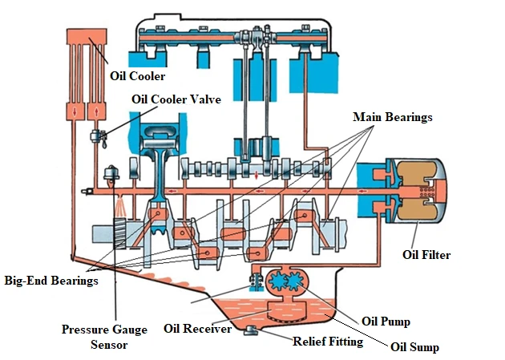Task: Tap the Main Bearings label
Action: tap(393, 117)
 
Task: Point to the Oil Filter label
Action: tap(426, 256)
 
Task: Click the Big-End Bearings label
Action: tap(51, 281)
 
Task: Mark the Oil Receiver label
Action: tap(197, 328)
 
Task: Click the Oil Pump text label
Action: tap(385, 322)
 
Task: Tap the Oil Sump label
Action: tap(413, 347)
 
